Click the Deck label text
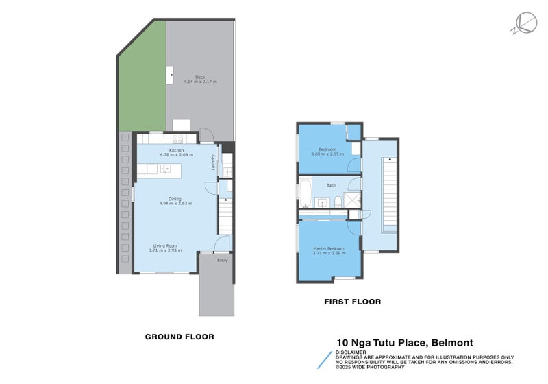point(200,76)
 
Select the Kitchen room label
point(177,149)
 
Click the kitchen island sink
point(165,169)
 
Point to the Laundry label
point(214,163)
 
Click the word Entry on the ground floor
point(223,260)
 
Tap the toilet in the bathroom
point(338,201)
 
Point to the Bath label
point(331,185)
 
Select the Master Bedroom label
point(329,248)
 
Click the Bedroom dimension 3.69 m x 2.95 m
point(327,154)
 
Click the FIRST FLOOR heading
point(352,302)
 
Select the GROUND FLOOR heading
point(179,337)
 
